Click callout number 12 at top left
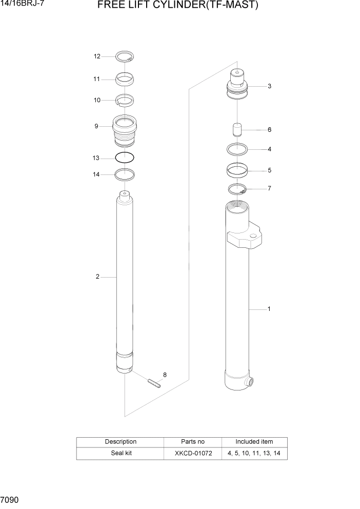pos(97,56)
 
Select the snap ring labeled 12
pos(125,57)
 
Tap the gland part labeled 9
pos(125,130)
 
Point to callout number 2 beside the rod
pos(97,277)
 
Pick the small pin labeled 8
pos(153,383)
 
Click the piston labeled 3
pos(238,85)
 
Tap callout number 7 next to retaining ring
pos(269,188)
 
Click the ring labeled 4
pos(238,149)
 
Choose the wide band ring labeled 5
pos(238,169)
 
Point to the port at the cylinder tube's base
pos(251,382)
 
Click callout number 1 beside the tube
pos(269,309)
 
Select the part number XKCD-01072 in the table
pos(192,454)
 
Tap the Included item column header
pos(254,441)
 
